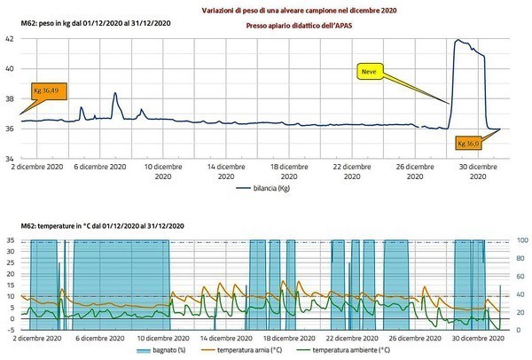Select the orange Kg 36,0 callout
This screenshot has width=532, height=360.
click(x=468, y=142)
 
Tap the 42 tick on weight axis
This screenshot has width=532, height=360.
click(x=9, y=39)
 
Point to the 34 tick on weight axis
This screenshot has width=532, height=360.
click(x=9, y=159)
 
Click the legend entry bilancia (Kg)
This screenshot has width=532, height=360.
click(x=264, y=188)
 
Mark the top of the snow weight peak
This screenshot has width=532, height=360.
click(x=458, y=41)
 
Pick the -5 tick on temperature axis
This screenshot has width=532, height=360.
click(x=9, y=330)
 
